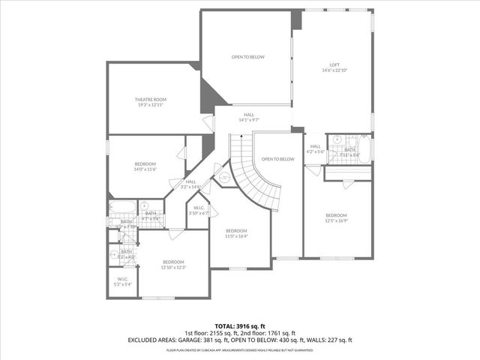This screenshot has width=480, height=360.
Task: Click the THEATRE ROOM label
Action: coord(151,100)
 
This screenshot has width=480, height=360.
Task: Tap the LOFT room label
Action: coord(334,65)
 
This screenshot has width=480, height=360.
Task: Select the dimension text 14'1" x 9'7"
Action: coord(248,120)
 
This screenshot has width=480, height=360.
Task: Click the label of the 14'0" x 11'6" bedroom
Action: coord(145,164)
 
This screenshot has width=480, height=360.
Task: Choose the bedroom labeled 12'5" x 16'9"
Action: coord(336,216)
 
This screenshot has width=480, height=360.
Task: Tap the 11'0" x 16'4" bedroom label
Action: coord(236,231)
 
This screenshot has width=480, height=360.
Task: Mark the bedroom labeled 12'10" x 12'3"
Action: coord(173,262)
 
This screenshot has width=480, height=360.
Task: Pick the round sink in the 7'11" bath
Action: coord(337,139)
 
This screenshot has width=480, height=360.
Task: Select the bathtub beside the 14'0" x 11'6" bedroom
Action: coord(121,207)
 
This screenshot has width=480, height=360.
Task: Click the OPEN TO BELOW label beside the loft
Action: coord(246,57)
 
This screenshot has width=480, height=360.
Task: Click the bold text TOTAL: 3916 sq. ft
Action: coord(240,326)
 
